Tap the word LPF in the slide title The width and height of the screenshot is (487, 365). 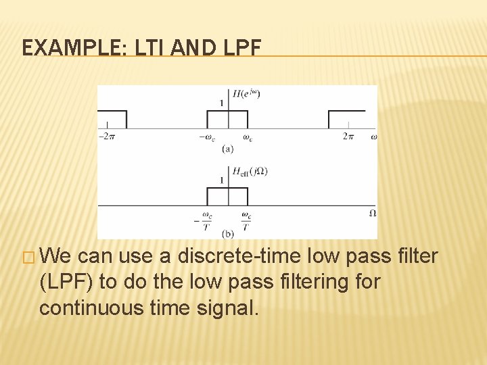tap(237, 48)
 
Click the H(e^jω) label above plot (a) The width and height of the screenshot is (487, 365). tap(246, 94)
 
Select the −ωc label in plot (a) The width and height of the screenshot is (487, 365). tap(208, 138)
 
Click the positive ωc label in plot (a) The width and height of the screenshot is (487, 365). tap(248, 138)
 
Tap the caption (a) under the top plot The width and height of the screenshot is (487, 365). tap(228, 149)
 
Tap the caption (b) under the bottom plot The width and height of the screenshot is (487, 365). tap(228, 234)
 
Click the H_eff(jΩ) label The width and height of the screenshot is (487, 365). tap(250, 172)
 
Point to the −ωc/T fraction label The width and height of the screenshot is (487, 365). tap(204, 220)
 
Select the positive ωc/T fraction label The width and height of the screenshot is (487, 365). tap(247, 220)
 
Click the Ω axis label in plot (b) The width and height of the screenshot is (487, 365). tap(373, 213)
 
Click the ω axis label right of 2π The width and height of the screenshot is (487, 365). tap(374, 137)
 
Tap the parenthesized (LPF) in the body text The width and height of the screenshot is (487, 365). tap(67, 282)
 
